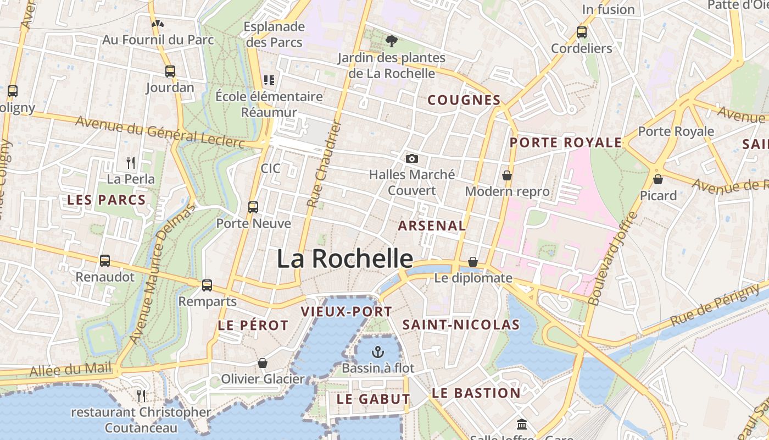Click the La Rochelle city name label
(x=344, y=258)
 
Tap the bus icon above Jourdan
(x=170, y=71)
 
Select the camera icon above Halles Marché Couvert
(x=411, y=159)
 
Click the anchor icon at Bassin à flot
(x=378, y=351)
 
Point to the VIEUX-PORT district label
(x=347, y=312)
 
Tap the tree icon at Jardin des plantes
(x=392, y=41)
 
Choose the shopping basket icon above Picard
(x=657, y=179)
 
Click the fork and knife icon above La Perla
(x=131, y=163)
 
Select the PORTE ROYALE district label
(x=566, y=143)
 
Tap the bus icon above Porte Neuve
(x=253, y=207)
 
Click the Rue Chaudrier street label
(x=324, y=165)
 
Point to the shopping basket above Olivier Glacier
(x=263, y=363)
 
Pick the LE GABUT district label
(x=374, y=399)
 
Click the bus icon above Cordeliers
(x=582, y=32)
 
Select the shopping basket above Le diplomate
(x=472, y=262)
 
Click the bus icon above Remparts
(x=207, y=285)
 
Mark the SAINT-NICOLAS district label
(x=461, y=325)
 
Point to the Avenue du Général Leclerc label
(x=160, y=132)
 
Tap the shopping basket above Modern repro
(x=507, y=175)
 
